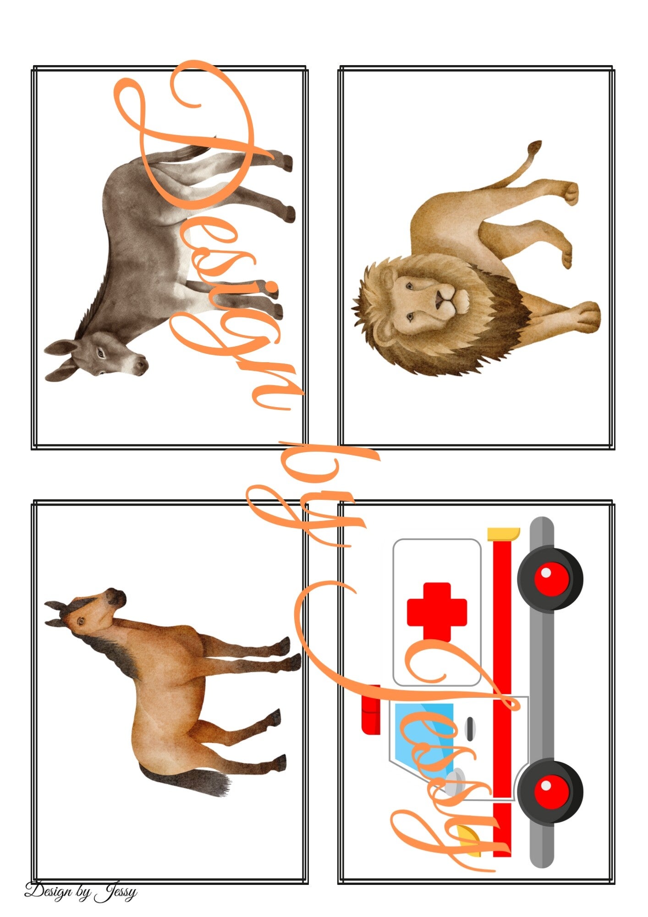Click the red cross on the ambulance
pyautogui.click(x=437, y=612)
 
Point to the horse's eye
pyautogui.click(x=81, y=621)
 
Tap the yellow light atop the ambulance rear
pyautogui.click(x=503, y=534)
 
